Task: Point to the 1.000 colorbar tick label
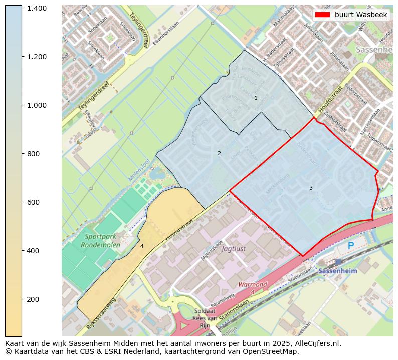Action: tap(37, 105)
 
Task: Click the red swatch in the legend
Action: tap(323, 15)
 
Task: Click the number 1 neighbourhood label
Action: tap(256, 98)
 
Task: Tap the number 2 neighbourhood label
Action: tap(219, 153)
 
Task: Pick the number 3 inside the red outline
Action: tap(311, 188)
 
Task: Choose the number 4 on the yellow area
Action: tap(142, 246)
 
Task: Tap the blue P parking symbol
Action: tap(351, 246)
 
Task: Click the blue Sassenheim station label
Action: tap(337, 271)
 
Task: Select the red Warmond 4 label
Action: tap(253, 287)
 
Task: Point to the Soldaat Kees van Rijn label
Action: tap(205, 318)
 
